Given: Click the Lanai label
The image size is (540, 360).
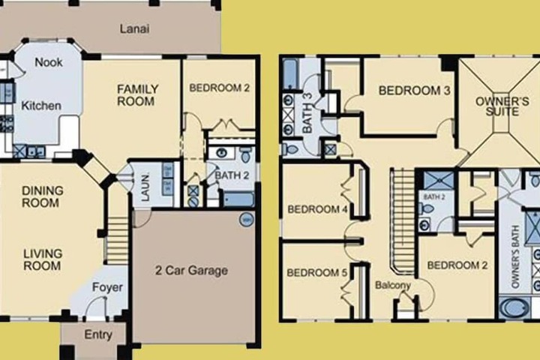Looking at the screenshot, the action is click(x=135, y=28).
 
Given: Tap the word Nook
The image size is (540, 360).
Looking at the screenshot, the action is click(x=49, y=62).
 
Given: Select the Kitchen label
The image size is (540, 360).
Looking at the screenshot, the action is click(x=41, y=106).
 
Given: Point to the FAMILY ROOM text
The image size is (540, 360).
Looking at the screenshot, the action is click(x=137, y=95).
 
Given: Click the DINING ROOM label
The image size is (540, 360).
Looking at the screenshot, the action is click(x=42, y=196).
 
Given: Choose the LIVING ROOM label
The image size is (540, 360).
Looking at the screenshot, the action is click(x=42, y=259).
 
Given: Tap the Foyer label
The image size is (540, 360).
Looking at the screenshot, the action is click(x=107, y=287).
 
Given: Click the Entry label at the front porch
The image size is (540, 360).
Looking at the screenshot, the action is click(x=98, y=334).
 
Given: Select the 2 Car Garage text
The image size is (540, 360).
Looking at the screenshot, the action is click(x=191, y=271).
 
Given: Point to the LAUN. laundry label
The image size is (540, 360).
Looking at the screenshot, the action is click(x=145, y=187).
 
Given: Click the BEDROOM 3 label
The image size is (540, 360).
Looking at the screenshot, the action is click(x=414, y=91).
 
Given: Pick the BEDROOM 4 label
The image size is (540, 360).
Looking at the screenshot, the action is click(x=317, y=209).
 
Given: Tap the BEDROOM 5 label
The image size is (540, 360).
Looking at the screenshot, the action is click(x=316, y=273).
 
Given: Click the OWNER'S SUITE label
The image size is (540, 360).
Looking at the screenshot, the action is click(x=502, y=106).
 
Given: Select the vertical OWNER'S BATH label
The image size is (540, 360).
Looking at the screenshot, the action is click(x=515, y=256).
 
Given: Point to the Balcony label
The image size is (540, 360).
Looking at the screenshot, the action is click(x=393, y=285).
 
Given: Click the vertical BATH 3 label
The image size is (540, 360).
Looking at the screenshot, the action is click(x=307, y=112).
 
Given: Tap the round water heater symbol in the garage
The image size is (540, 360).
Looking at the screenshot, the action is click(x=247, y=220).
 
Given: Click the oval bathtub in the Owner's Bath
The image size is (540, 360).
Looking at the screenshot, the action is click(x=514, y=308).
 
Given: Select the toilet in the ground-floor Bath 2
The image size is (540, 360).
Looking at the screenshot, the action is click(x=245, y=154).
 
